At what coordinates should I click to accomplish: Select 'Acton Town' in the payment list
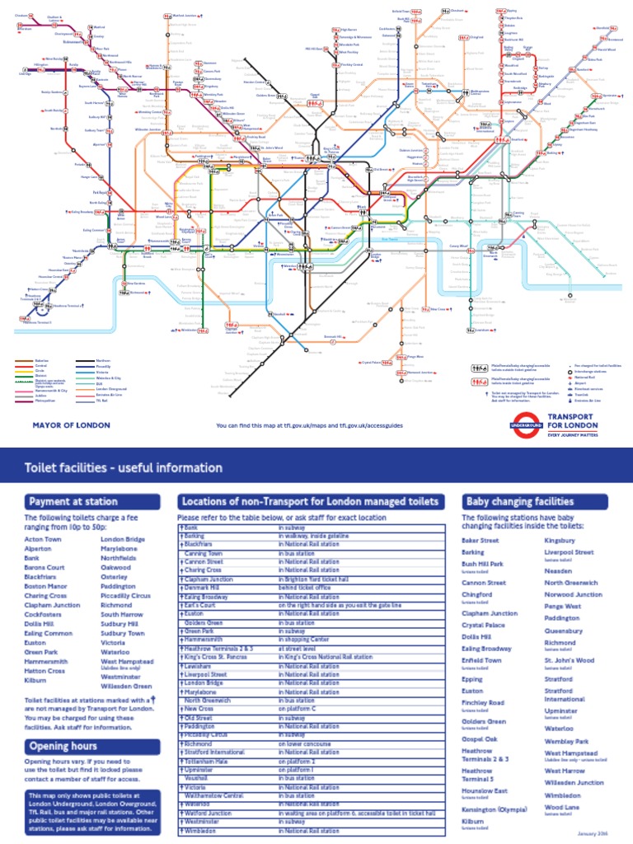tap(42, 539)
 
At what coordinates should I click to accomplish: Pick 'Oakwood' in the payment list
tap(115, 567)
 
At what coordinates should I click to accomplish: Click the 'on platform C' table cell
tap(298, 708)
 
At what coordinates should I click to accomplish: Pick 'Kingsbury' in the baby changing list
tap(560, 540)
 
